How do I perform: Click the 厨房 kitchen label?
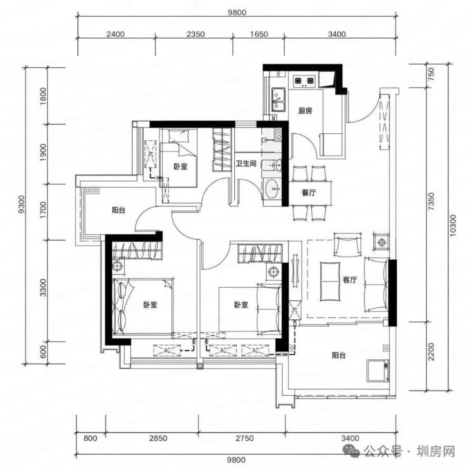305,111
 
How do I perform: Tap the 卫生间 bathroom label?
246,163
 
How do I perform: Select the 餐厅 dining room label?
309,192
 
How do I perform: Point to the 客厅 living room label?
350,279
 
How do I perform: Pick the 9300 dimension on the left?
21,204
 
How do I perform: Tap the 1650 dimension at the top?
259,34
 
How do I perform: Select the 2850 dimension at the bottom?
158,438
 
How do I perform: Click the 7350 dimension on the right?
431,201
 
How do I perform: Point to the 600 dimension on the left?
43,352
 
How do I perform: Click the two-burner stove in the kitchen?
304,81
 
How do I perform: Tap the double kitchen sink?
278,100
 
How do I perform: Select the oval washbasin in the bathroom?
272,189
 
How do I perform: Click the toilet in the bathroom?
272,165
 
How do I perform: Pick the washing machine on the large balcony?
378,371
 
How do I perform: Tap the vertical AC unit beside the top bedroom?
151,154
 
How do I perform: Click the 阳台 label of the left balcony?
118,210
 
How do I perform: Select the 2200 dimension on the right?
431,352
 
